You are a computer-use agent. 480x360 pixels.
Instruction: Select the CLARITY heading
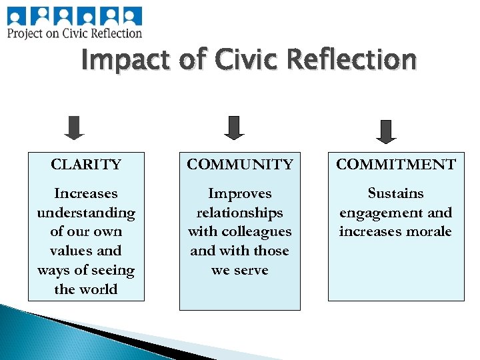click(86, 165)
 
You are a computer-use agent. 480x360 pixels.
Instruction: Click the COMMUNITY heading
click(240, 165)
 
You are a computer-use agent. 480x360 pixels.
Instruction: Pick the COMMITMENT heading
click(396, 165)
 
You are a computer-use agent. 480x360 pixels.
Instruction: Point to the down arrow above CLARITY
click(75, 128)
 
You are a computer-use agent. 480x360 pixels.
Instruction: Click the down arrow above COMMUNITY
click(234, 128)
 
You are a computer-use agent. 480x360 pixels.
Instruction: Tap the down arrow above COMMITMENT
click(387, 131)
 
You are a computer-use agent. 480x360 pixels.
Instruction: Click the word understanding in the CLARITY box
click(86, 213)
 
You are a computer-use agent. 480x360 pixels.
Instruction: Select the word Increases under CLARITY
click(86, 194)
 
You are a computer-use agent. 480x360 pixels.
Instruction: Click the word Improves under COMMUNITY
click(240, 194)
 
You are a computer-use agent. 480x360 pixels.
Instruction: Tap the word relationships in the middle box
click(240, 213)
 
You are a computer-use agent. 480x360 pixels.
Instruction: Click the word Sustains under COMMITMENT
click(396, 194)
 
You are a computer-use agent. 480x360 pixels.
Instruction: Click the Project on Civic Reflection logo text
click(75, 33)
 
